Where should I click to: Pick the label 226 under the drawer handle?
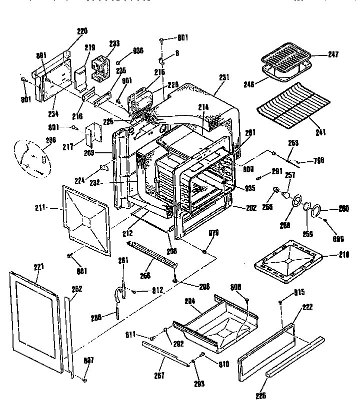[x=260, y=396]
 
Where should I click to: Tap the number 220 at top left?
[x=82, y=31]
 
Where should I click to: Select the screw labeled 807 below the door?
[x=84, y=381]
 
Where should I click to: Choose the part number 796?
[x=318, y=160]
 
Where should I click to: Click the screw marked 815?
[x=282, y=302]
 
